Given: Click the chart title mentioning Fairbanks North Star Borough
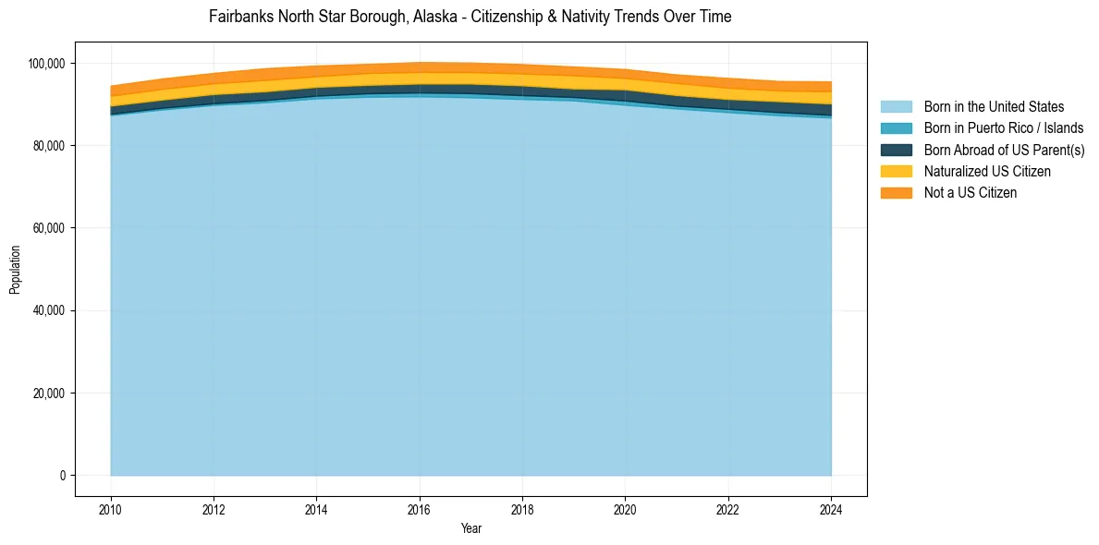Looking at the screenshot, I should [470, 17].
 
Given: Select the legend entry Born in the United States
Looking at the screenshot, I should [994, 107].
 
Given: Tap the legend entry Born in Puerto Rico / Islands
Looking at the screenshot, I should [1004, 128].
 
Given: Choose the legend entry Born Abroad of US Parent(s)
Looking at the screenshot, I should [1004, 150].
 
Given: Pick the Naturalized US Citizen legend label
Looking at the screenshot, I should [987, 171].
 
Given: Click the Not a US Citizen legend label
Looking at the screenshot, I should [971, 192].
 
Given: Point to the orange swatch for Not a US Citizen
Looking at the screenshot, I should [896, 192].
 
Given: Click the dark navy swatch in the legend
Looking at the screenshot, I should [896, 150].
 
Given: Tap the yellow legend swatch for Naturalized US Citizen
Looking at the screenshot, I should [896, 171].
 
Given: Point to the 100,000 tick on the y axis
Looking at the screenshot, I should [46, 64].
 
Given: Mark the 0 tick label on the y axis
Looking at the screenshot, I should [63, 476].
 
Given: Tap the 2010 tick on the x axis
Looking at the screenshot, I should [111, 508].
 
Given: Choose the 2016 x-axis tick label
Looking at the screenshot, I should [420, 508].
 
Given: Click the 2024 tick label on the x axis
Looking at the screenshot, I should [831, 508].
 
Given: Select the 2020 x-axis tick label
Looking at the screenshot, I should [625, 508].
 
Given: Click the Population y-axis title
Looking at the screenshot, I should [15, 270].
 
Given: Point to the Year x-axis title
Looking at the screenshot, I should [470, 528].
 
